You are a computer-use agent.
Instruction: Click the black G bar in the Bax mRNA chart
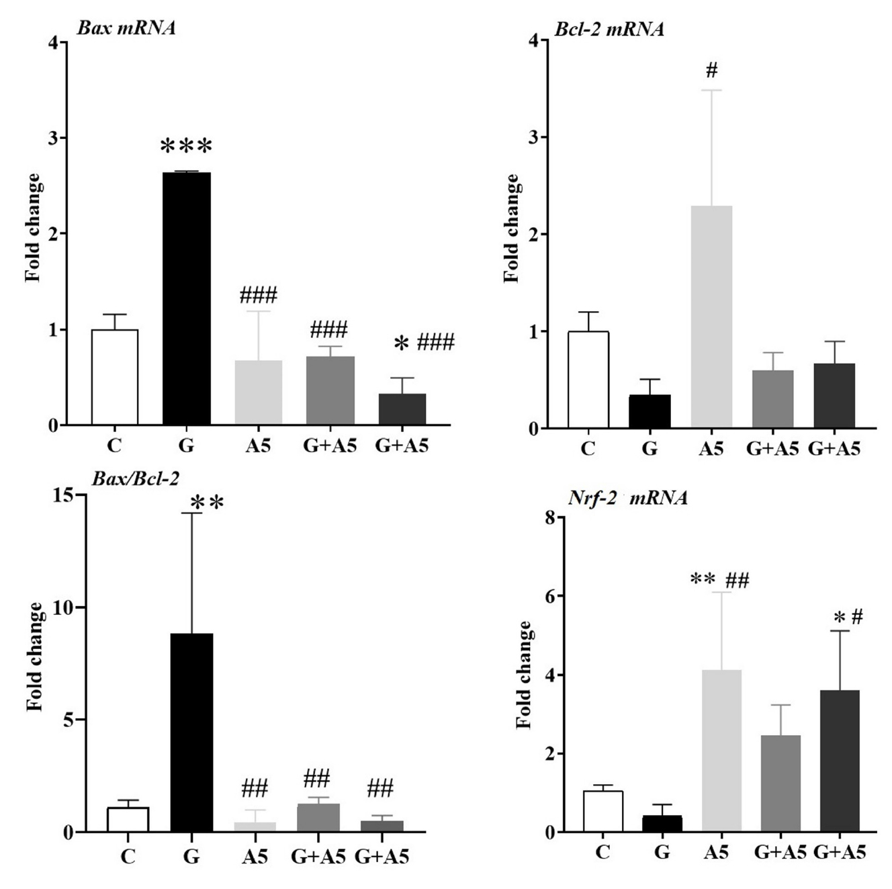click(x=186, y=298)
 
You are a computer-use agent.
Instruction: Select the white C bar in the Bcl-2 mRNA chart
click(x=588, y=380)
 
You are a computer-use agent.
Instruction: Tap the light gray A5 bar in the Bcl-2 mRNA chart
click(x=711, y=316)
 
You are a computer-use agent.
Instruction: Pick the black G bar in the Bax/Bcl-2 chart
click(x=191, y=732)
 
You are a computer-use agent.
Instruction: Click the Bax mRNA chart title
click(x=126, y=28)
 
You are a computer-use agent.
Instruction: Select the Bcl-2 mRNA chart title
click(x=609, y=30)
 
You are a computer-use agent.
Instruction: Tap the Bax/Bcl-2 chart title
click(x=135, y=478)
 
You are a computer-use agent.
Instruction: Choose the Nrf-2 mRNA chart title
click(x=628, y=498)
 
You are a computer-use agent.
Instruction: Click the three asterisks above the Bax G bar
click(x=186, y=146)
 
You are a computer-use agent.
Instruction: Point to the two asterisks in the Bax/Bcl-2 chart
click(x=207, y=503)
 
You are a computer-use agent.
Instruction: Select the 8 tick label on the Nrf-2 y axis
click(x=549, y=518)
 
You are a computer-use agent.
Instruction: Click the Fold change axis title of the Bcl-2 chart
click(x=512, y=228)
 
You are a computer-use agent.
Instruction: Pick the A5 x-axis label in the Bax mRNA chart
click(x=258, y=446)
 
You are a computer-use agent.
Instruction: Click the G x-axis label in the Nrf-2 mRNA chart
click(x=662, y=852)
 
